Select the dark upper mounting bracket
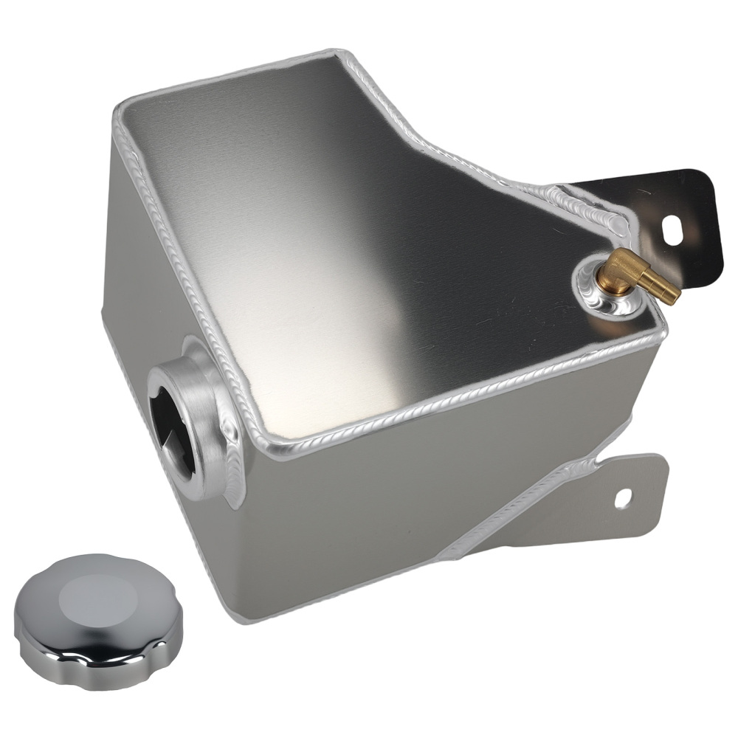click(664, 214)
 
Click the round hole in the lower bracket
click(624, 498)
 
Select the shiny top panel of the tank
click(369, 244)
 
